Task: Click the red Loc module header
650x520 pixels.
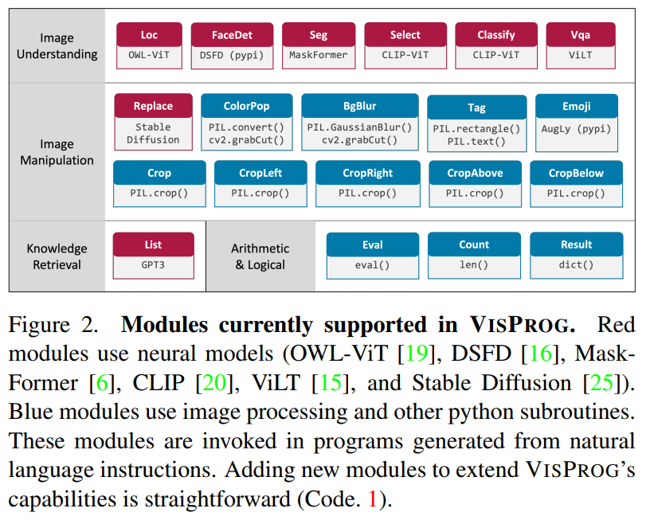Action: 149,35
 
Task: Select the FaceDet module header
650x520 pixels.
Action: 232,35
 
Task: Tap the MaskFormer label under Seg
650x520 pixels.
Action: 319,55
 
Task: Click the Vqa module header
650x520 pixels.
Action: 580,35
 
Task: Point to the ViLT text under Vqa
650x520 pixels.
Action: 580,55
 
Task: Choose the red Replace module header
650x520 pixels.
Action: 153,106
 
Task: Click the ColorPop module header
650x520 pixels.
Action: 246,106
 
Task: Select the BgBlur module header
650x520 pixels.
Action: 359,106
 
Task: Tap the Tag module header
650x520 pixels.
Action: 476,108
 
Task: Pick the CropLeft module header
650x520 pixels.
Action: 260,173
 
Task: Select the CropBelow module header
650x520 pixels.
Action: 576,173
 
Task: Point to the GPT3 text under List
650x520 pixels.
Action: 153,265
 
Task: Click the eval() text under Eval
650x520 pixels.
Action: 372,265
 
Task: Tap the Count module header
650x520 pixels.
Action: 474,244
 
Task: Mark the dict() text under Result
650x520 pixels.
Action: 576,265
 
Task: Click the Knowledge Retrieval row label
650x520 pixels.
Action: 57,256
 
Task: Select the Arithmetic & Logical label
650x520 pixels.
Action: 260,256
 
